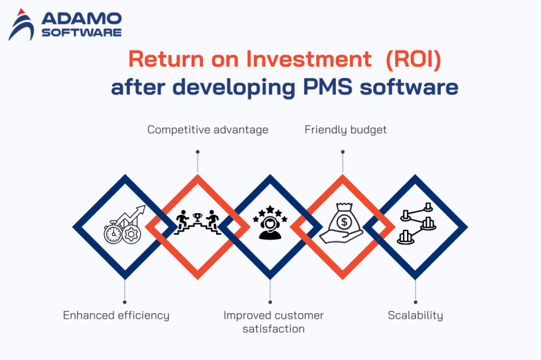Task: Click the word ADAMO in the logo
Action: (x=81, y=19)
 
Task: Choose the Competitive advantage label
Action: (x=208, y=130)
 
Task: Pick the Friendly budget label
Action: (x=346, y=130)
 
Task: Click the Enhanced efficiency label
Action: (x=116, y=315)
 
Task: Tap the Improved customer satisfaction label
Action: (x=273, y=322)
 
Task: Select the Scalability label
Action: (x=415, y=315)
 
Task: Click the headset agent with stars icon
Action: (x=270, y=226)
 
